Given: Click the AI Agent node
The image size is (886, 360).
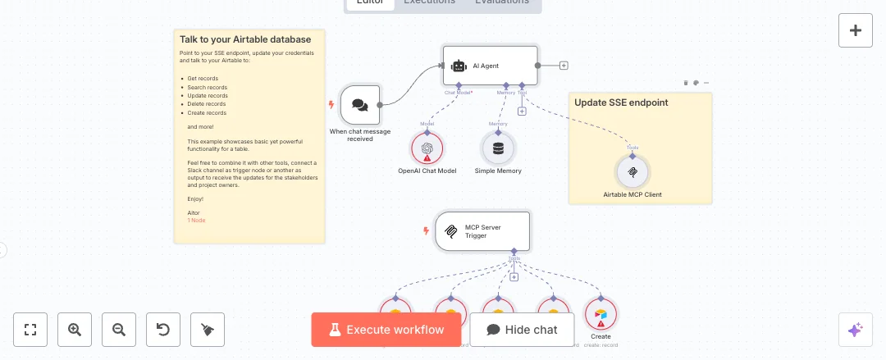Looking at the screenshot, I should tap(490, 66).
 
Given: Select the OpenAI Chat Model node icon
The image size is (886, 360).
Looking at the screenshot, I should tap(427, 148).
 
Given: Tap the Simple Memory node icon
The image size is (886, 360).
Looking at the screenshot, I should tap(498, 148).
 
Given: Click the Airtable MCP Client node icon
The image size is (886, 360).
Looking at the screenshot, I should tap(633, 172).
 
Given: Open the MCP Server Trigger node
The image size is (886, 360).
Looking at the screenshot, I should tap(482, 231).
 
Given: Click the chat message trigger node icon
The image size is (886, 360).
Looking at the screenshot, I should tap(360, 105).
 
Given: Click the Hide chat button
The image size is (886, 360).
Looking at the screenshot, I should tap(522, 330).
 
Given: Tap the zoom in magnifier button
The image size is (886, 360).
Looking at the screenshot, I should tap(75, 330).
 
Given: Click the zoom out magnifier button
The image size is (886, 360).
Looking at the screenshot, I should tap(119, 330).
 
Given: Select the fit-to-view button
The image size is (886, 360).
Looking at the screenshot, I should tap(31, 330).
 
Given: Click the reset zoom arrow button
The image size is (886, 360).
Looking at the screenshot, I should tap(163, 330).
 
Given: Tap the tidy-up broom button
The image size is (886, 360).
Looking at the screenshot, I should tap(208, 330).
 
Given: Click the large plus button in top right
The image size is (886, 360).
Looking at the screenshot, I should tap(856, 30).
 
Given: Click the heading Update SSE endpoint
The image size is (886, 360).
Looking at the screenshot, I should tap(621, 103).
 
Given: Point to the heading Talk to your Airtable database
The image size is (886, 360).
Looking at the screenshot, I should tap(245, 39).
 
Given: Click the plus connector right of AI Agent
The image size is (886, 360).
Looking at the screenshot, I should tap(564, 66).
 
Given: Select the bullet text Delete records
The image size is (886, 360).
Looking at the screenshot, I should tap(207, 104).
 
